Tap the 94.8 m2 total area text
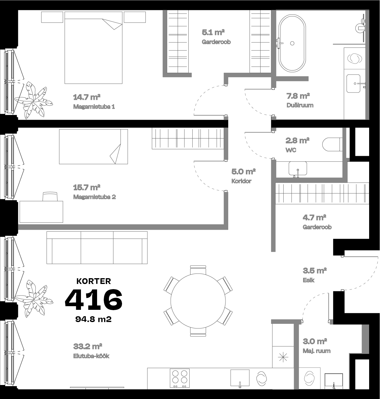(x=93, y=319)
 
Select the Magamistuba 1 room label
(x=94, y=107)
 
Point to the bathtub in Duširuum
(x=292, y=43)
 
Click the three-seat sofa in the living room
(x=97, y=247)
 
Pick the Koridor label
(x=241, y=181)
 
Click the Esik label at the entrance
(x=309, y=280)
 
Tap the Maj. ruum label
(x=316, y=351)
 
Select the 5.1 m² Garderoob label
(x=216, y=42)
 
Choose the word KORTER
(x=93, y=281)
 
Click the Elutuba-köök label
(x=91, y=356)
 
